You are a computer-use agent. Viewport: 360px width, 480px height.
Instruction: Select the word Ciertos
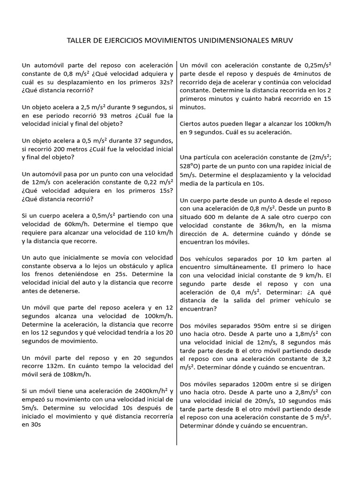coord(191,124)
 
